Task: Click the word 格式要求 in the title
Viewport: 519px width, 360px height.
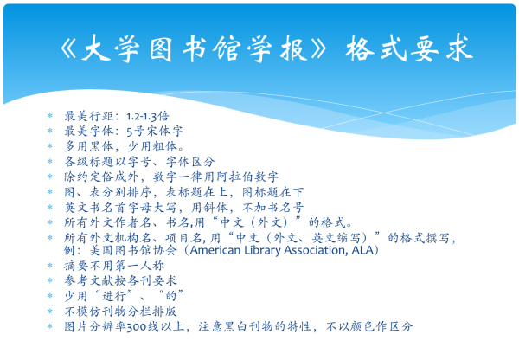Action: point(409,49)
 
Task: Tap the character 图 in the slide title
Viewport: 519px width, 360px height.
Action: point(161,49)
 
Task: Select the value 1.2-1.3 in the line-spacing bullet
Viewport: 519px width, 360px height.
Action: point(141,117)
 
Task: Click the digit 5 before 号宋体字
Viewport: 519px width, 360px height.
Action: point(130,132)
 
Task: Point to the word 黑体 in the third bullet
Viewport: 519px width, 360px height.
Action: point(102,146)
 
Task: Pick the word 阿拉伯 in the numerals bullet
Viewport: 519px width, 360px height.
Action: point(234,177)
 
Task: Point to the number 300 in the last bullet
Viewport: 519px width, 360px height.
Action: point(137,327)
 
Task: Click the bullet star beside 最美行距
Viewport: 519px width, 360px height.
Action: point(50,116)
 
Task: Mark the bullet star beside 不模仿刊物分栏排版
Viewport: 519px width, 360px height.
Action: point(50,311)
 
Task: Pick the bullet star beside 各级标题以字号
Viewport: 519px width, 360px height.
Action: point(50,161)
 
